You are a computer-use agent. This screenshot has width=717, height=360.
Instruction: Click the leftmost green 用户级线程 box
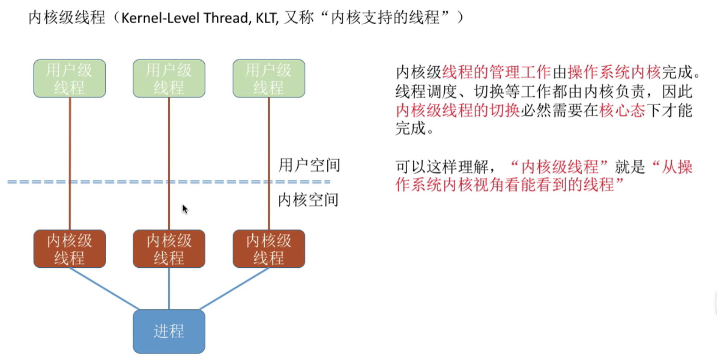tap(69, 78)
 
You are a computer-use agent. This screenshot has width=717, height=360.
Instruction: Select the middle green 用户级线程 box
tap(169, 78)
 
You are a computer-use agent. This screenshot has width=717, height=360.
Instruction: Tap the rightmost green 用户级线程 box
tap(269, 78)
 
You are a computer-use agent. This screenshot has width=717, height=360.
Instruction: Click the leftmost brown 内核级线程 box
tap(69, 249)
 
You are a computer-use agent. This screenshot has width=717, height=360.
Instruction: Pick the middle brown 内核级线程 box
tap(169, 249)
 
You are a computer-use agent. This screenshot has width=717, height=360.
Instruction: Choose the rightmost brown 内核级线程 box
tap(269, 249)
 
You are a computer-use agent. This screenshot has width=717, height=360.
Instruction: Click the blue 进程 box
tap(169, 331)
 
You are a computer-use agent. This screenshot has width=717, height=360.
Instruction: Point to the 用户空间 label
tap(309, 165)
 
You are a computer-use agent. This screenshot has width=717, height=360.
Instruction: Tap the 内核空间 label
tap(308, 200)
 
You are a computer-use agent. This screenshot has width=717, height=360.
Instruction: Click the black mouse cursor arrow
tap(185, 209)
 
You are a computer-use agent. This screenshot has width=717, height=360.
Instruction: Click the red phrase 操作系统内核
tap(614, 72)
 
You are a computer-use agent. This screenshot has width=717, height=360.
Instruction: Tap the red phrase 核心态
tap(622, 110)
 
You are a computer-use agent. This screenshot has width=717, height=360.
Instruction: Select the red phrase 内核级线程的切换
tap(457, 110)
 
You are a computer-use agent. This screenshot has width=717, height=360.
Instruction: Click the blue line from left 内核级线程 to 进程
tap(104, 289)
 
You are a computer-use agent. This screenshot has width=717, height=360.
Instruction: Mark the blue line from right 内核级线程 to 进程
tap(234, 289)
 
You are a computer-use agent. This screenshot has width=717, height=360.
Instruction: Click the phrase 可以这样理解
tap(441, 167)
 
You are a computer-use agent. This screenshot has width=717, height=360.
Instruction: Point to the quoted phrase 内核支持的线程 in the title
tap(385, 18)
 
